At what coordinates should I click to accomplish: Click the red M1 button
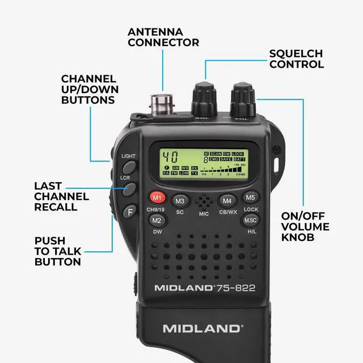click(x=157, y=199)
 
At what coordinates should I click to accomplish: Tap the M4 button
click(x=227, y=200)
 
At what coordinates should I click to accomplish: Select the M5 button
click(x=251, y=197)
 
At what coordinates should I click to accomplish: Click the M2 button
click(x=157, y=220)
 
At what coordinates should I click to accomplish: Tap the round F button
click(x=129, y=212)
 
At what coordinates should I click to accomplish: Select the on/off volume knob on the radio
click(x=242, y=100)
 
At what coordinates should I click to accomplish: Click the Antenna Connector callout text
click(x=163, y=36)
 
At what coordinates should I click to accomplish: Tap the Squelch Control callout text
click(x=296, y=59)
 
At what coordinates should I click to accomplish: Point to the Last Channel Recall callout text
click(x=61, y=196)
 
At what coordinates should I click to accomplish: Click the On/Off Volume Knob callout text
click(x=306, y=226)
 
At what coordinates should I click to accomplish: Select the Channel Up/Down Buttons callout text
click(x=88, y=89)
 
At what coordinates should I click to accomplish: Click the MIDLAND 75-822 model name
click(x=205, y=288)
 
